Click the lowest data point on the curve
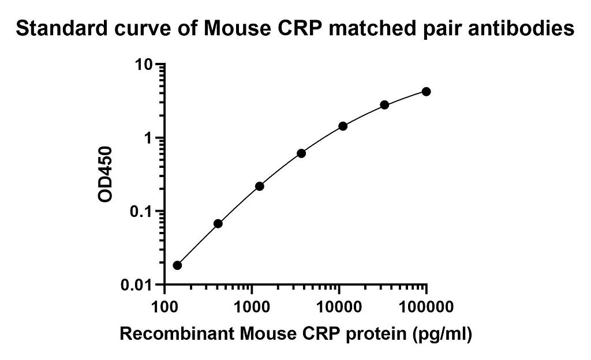click(177, 265)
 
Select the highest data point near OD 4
click(427, 92)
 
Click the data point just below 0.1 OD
click(218, 224)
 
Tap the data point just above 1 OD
click(343, 126)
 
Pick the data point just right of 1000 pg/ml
click(259, 186)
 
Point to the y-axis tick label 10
click(144, 65)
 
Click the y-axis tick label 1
click(148, 138)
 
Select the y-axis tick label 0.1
click(141, 212)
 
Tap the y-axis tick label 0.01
click(137, 286)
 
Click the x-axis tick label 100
click(164, 307)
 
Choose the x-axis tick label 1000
click(252, 307)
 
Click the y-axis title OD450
click(105, 174)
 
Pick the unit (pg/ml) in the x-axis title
click(443, 334)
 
